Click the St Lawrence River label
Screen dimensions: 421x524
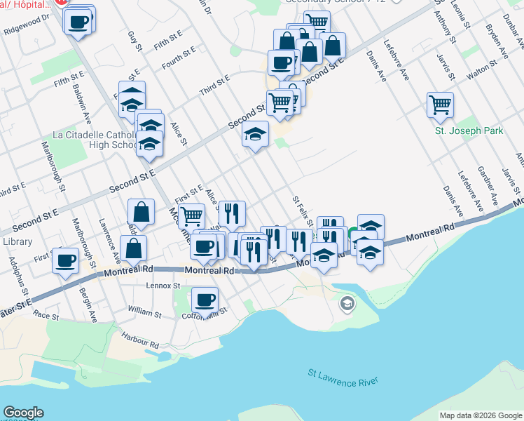pos(343,380)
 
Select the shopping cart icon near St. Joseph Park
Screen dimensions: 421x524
pos(440,105)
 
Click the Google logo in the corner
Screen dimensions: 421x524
pos(23,413)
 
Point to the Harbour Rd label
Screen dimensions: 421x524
pos(139,341)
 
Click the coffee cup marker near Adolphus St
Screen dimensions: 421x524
pos(66,261)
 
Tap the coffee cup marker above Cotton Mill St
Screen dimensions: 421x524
pos(205,300)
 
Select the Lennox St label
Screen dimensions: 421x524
pos(163,286)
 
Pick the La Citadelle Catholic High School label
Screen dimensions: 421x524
pos(95,140)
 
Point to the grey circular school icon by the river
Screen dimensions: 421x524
pos(346,304)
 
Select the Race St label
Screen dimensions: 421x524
pos(46,316)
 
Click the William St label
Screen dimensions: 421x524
pos(144,309)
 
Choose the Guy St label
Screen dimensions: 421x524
pos(135,44)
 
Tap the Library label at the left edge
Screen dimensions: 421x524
pos(13,241)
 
